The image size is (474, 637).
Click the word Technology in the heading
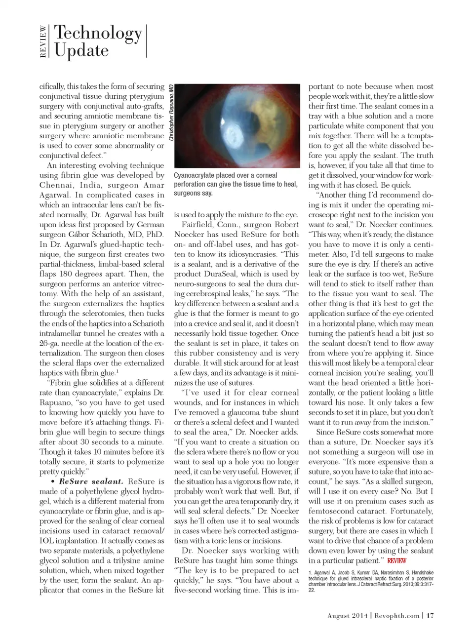(98, 33)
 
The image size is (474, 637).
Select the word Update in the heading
(81, 50)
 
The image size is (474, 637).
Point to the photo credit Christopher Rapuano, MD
(171, 112)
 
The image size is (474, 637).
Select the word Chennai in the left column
(55, 185)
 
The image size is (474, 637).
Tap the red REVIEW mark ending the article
(396, 560)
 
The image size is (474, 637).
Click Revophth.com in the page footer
(396, 616)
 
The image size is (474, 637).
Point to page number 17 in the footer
(430, 616)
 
